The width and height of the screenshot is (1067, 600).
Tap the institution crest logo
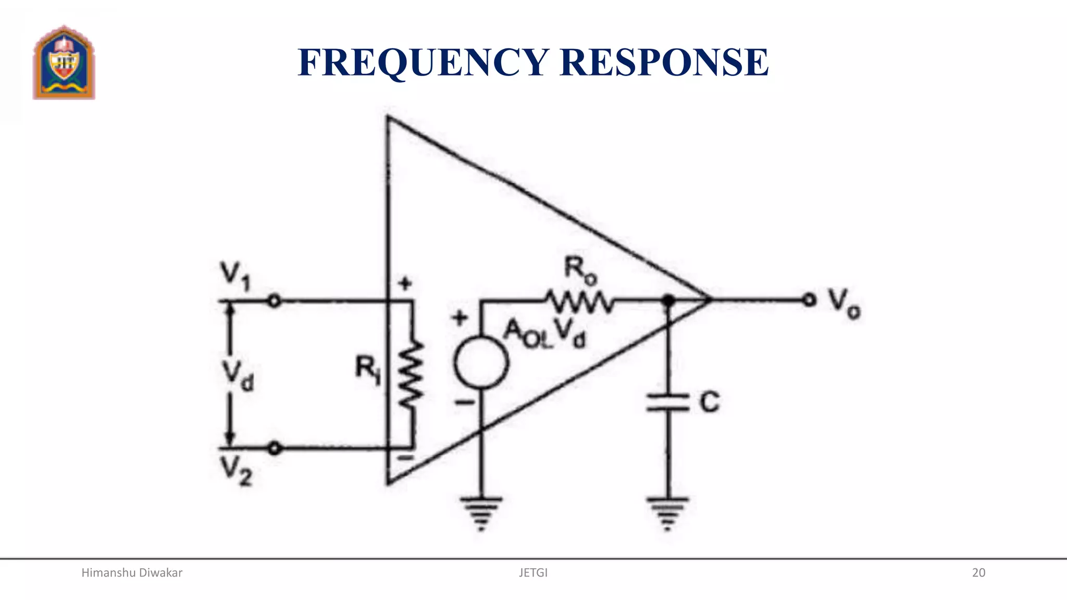coord(64,63)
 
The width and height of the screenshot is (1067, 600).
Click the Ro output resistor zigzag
coord(579,302)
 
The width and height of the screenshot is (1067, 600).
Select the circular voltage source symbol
coord(481,362)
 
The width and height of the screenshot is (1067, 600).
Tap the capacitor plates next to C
coord(668,403)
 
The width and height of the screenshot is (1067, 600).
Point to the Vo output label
coord(845,303)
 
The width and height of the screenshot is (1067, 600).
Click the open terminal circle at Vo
coord(809,300)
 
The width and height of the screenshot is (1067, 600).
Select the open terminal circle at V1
coord(275,301)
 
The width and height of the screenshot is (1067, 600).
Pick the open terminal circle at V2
coord(275,448)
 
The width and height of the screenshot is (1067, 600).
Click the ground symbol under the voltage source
coord(481,512)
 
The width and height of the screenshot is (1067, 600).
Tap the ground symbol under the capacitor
coord(668,512)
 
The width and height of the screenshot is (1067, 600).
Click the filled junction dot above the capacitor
coord(668,300)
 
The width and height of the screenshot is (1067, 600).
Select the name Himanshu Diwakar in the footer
coord(132,573)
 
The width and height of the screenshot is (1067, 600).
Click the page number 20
coord(978,573)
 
